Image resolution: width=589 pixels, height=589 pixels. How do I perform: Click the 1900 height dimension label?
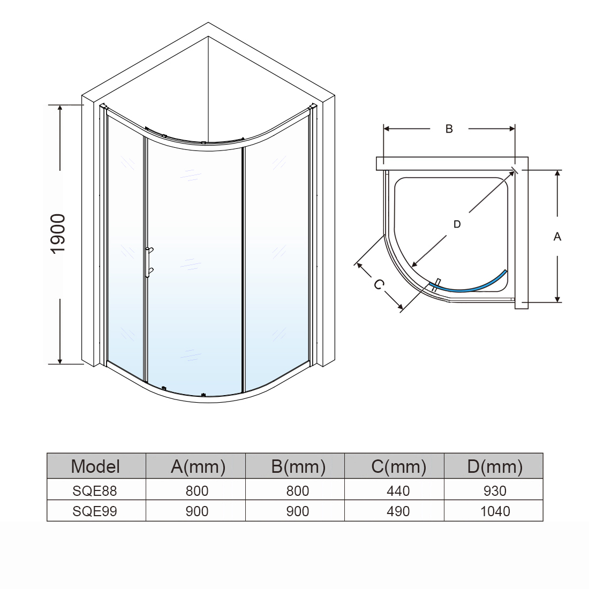[x=58, y=234]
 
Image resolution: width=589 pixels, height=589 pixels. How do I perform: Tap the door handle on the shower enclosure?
[x=149, y=262]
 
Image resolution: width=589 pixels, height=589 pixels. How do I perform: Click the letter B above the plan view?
[x=449, y=129]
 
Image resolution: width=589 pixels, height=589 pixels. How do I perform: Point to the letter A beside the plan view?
[x=557, y=237]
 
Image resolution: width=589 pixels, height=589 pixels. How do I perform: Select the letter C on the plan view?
[x=379, y=284]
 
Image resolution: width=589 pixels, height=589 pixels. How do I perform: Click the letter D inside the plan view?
[x=457, y=224]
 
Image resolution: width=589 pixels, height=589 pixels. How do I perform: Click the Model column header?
[x=95, y=466]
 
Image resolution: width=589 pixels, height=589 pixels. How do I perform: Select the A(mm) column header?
[x=198, y=466]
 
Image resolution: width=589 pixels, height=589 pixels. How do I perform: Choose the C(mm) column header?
[x=398, y=466]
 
